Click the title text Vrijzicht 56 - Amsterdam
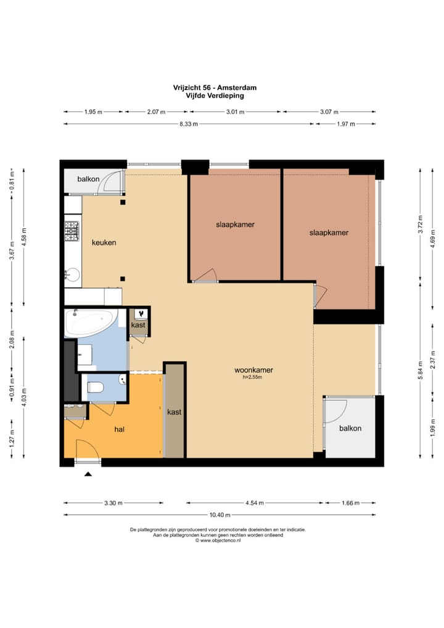[x=215, y=88]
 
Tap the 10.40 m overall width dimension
[x=220, y=514]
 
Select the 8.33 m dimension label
[x=189, y=124]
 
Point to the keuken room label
[x=104, y=242]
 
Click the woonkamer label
[x=254, y=370]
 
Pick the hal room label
[x=119, y=429]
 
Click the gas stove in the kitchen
[x=72, y=231]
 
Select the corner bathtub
[x=91, y=323]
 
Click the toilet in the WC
[x=96, y=387]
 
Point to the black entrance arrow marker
[x=88, y=474]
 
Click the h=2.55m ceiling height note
[x=252, y=378]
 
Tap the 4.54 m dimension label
[x=255, y=503]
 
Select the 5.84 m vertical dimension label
[x=421, y=371]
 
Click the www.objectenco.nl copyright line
[x=218, y=540]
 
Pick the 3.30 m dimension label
[x=113, y=503]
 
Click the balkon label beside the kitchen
[x=88, y=179]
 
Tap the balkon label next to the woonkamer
[x=350, y=428]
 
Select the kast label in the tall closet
[x=174, y=411]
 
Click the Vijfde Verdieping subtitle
[x=215, y=96]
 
